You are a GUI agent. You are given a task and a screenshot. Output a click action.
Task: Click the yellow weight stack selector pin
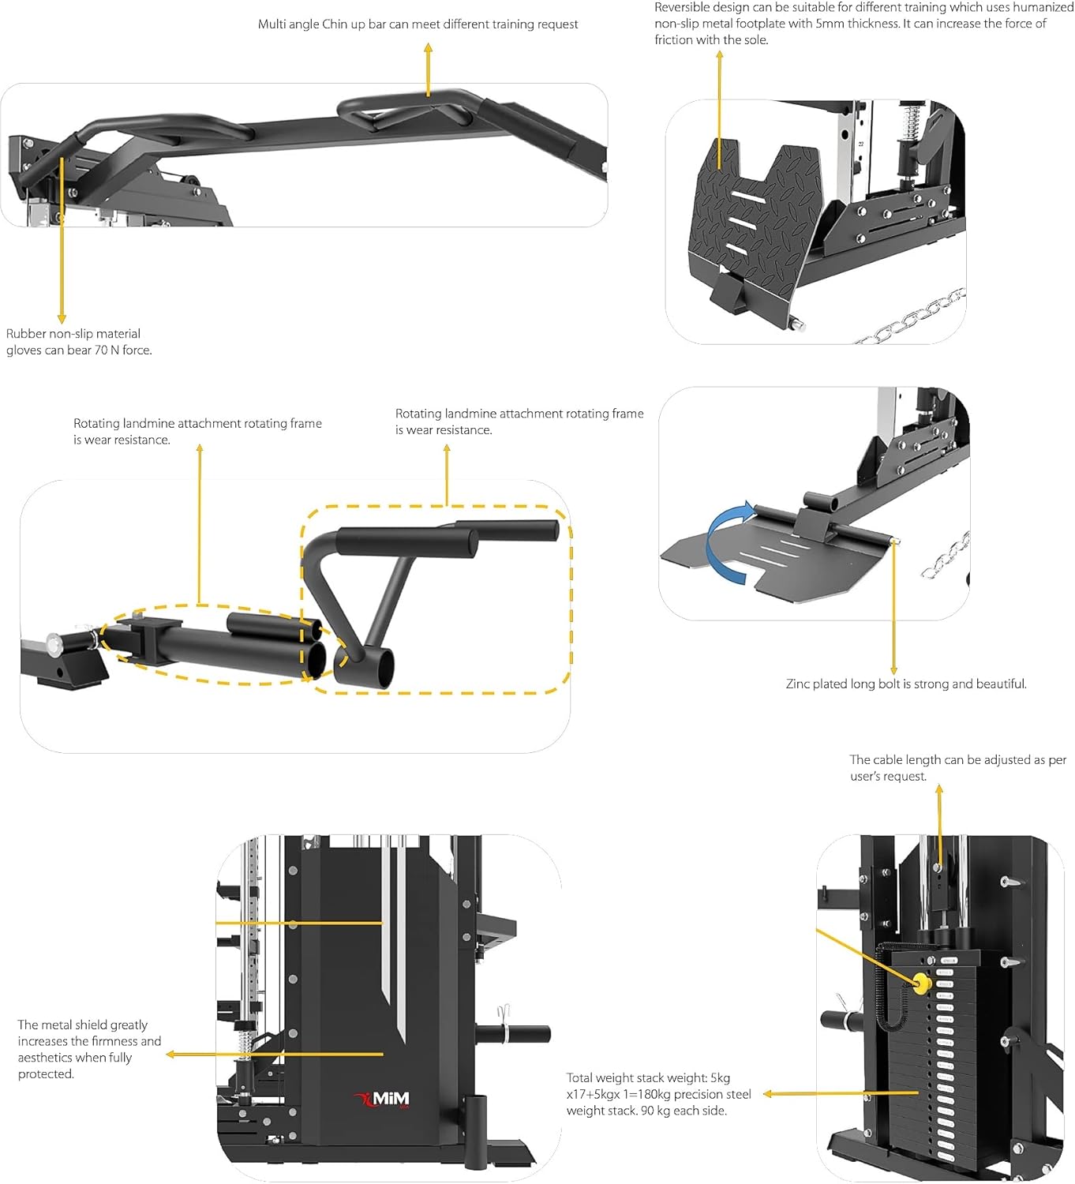point(920,984)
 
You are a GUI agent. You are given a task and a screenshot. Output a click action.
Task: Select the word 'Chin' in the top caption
point(335,24)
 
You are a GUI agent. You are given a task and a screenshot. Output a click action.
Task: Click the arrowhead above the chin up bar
point(429,48)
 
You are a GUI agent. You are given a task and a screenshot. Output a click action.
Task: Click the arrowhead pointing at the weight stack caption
point(767,1094)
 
